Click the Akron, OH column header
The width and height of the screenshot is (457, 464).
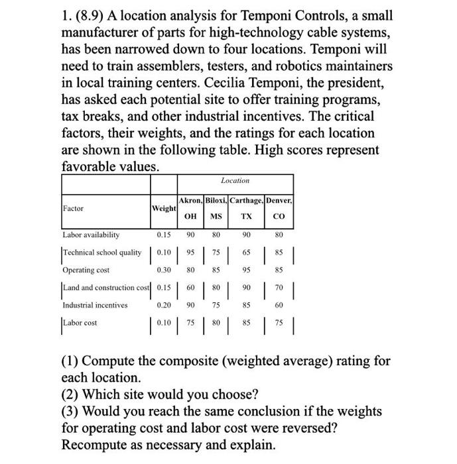(190, 207)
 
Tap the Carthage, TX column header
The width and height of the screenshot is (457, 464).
(247, 207)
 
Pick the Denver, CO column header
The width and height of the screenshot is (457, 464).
(279, 207)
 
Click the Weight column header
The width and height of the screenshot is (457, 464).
(163, 208)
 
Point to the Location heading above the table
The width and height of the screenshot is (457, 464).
(235, 180)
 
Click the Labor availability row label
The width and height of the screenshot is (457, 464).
(91, 235)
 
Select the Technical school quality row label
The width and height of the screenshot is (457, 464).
(102, 253)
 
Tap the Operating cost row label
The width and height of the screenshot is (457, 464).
(86, 270)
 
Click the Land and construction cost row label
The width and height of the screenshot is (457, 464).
(106, 287)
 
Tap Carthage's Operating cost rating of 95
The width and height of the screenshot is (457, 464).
(247, 270)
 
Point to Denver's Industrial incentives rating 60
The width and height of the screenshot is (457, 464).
(279, 305)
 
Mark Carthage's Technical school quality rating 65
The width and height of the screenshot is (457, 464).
(247, 253)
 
